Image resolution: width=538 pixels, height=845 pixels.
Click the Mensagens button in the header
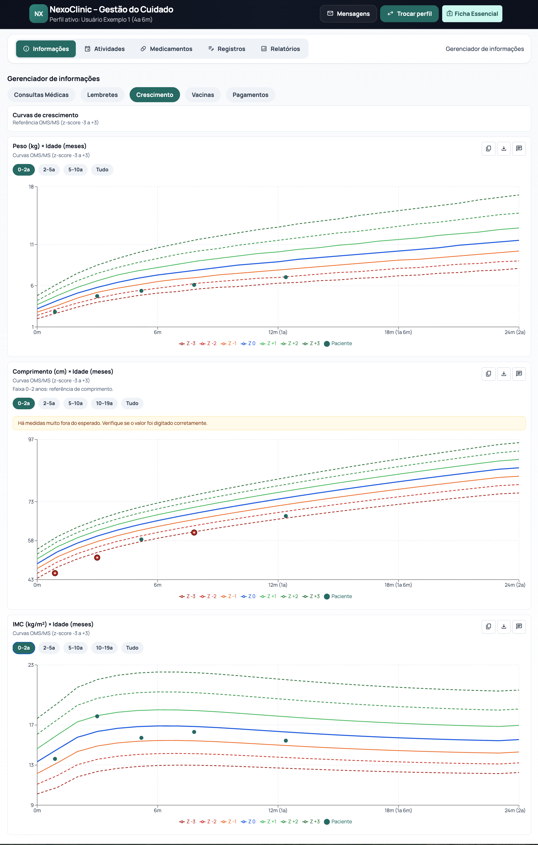pos(348,14)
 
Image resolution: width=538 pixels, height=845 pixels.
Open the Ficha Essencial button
pos(472,14)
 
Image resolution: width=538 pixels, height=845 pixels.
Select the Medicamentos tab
pos(166,49)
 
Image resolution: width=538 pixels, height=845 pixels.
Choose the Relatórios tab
pos(280,49)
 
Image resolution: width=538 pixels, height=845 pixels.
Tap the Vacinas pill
pos(203,95)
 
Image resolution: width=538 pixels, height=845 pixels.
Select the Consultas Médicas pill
pos(41,95)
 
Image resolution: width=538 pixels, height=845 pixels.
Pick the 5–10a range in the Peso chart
pos(75,170)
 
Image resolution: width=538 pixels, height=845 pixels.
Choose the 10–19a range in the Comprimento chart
pos(104,403)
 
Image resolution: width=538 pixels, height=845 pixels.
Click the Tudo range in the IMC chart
pos(132,648)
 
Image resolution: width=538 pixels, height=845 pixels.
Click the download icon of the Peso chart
pos(504,148)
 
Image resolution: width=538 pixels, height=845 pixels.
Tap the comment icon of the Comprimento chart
pos(519,374)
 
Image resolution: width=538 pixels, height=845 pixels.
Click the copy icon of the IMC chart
pos(488,626)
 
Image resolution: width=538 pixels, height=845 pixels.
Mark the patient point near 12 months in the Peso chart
pos(286,277)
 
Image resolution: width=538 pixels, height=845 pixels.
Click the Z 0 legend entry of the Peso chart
pos(248,344)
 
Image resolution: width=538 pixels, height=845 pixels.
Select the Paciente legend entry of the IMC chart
pos(338,821)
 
